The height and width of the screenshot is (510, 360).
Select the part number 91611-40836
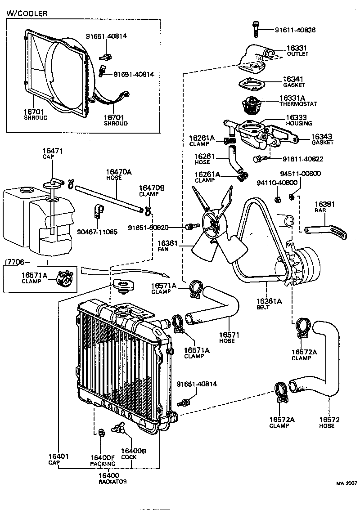pos(295,30)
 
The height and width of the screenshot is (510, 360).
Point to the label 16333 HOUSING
pos(298,120)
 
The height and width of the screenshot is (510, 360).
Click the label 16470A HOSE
pos(119,174)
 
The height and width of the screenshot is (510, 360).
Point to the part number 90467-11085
pos(97,232)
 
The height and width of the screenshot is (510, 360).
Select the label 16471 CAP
pos(53,153)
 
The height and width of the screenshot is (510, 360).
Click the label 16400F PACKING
pos(103,460)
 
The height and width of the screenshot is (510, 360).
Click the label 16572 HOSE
pos(329,422)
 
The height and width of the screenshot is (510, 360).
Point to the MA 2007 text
pos(346,484)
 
